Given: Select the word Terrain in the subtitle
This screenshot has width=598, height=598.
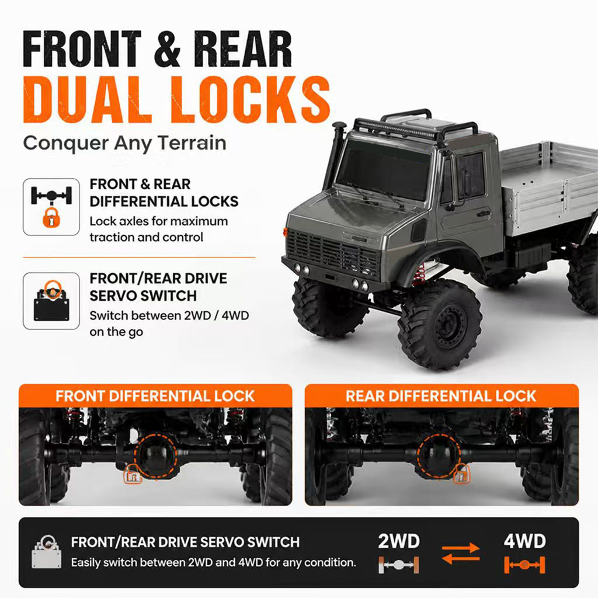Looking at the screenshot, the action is click(x=192, y=144).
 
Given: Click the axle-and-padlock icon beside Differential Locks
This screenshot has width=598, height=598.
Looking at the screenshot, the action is click(x=51, y=207).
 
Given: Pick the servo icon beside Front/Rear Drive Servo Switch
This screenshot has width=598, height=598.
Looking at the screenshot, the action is click(x=51, y=301).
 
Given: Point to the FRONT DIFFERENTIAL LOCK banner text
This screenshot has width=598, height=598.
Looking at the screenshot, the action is click(x=155, y=396).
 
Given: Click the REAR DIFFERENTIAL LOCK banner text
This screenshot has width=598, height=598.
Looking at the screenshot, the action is click(x=441, y=396).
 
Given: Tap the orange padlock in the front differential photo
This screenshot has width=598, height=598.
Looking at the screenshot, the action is click(x=133, y=474).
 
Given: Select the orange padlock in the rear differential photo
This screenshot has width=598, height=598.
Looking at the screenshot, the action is click(x=461, y=474).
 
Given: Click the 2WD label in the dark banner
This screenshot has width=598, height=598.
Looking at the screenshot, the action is click(x=399, y=541).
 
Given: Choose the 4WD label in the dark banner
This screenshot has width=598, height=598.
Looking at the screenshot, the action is click(x=525, y=541).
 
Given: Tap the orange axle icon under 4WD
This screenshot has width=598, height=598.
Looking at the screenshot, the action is click(x=525, y=565).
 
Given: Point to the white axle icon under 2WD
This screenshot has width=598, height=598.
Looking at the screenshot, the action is click(x=399, y=565).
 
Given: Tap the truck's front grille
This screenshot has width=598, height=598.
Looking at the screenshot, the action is click(x=332, y=252).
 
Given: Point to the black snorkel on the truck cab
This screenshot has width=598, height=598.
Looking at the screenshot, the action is click(x=336, y=152).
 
